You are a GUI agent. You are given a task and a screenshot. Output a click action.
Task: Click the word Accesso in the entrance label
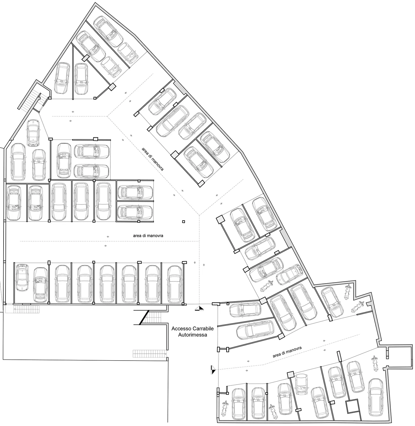(180, 329)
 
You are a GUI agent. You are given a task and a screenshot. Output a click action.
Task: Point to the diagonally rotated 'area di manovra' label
(153, 159)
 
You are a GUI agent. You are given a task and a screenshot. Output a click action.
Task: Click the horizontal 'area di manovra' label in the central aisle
(148, 236)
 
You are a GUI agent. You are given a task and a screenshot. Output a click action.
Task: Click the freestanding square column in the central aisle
(183, 221)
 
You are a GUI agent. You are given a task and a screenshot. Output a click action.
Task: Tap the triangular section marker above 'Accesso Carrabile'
(199, 308)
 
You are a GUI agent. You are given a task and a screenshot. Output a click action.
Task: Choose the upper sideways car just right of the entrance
(245, 310)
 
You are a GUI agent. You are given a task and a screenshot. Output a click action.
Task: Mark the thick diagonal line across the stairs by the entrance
(144, 317)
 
